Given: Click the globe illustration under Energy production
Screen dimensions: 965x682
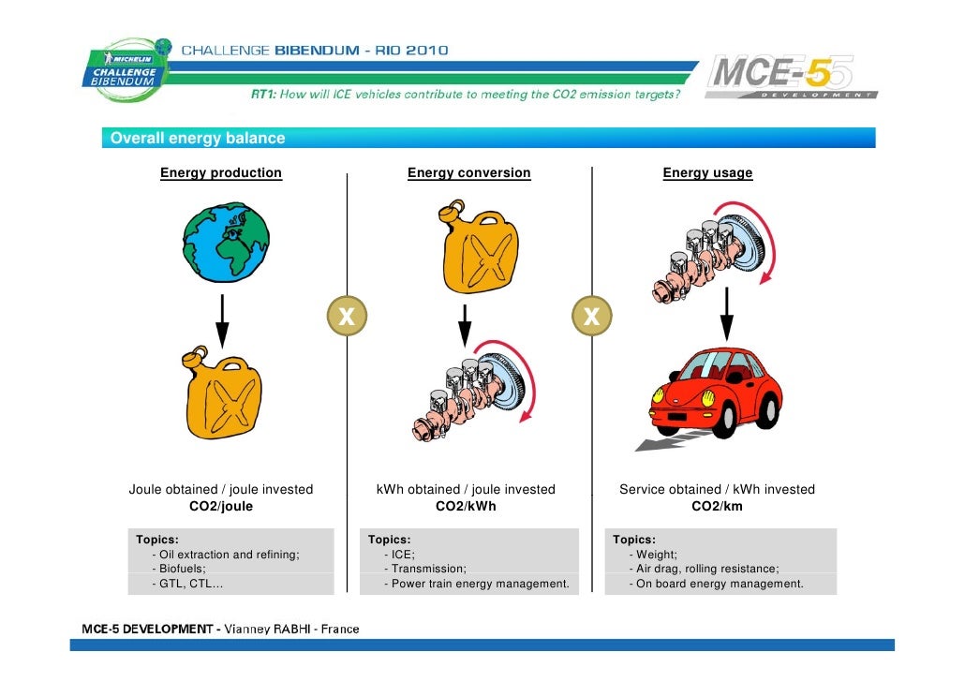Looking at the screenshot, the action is click(226, 242).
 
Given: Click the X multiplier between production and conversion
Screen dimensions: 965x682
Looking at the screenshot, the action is click(346, 318).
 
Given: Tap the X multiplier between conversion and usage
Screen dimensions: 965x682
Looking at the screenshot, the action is click(591, 318).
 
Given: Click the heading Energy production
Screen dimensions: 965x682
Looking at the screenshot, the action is click(221, 173).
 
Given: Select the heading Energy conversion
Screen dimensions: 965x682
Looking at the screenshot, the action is click(468, 173).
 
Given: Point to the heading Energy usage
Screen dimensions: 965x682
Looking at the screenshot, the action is click(707, 173).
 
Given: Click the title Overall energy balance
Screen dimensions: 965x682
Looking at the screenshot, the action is click(198, 139).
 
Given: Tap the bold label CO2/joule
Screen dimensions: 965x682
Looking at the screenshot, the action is click(221, 507).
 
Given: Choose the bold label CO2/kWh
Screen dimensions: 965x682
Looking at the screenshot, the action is click(466, 507).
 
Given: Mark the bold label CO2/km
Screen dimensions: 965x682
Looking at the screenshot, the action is click(717, 507).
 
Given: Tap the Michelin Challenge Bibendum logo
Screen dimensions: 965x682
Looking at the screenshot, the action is click(127, 67).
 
